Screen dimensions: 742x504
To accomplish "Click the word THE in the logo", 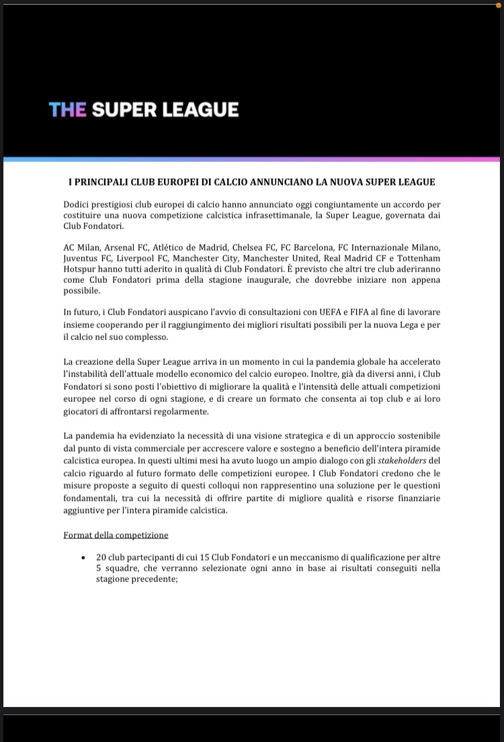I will pyautogui.click(x=67, y=110).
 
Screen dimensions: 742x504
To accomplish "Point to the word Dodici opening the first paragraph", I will pyautogui.click(x=77, y=204).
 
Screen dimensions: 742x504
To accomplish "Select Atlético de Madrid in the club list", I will pyautogui.click(x=192, y=247).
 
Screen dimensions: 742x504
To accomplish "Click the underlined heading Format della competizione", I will pyautogui.click(x=116, y=535).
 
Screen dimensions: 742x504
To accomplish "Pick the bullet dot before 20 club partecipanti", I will pyautogui.click(x=83, y=558).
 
